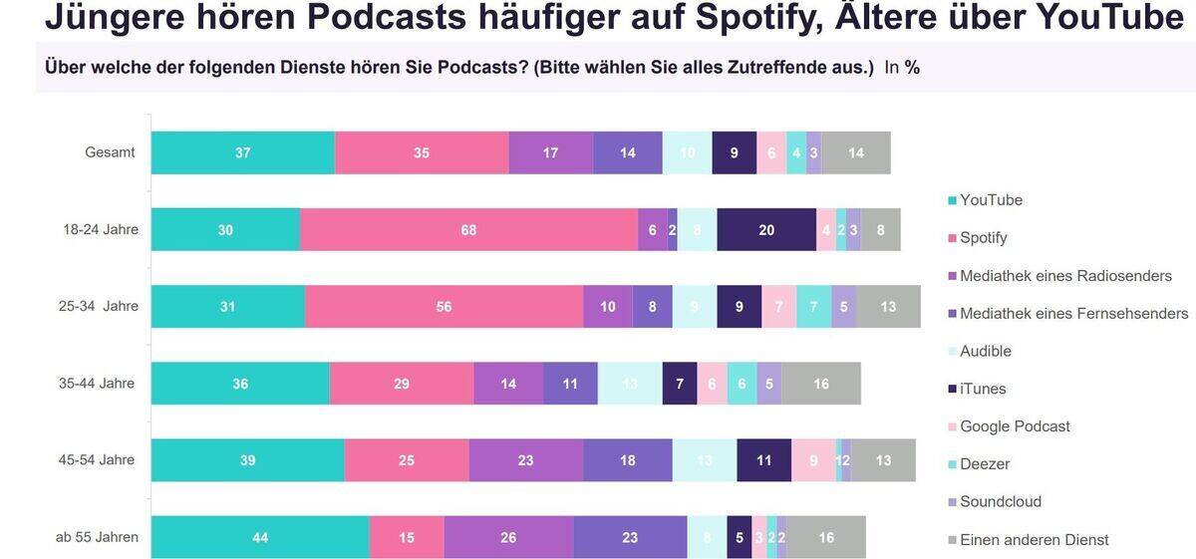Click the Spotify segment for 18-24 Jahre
tap(468, 230)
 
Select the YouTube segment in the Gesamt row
tap(242, 153)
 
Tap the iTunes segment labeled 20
tap(765, 230)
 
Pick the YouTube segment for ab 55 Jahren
tap(259, 537)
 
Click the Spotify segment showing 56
tap(444, 307)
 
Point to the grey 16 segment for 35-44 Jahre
tap(820, 384)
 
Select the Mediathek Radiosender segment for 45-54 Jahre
tap(525, 460)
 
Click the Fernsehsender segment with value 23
tap(629, 537)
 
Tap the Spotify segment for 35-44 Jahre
tap(401, 384)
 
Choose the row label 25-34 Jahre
tap(99, 307)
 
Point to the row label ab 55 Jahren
tap(97, 537)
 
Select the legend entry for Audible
tap(985, 351)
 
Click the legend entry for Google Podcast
tap(1014, 426)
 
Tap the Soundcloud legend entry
tap(1000, 501)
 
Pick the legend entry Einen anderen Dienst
tap(1034, 540)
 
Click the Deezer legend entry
tap(984, 463)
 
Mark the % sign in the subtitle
tap(912, 68)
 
